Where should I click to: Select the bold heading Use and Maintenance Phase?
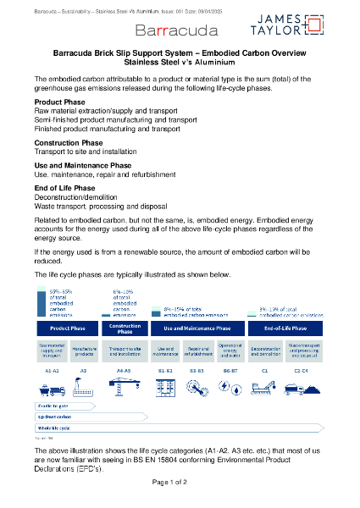point(82,165)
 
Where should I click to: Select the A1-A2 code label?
point(50,370)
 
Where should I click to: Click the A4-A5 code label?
point(123,370)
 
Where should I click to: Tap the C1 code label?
point(265,370)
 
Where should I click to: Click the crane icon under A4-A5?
point(123,387)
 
